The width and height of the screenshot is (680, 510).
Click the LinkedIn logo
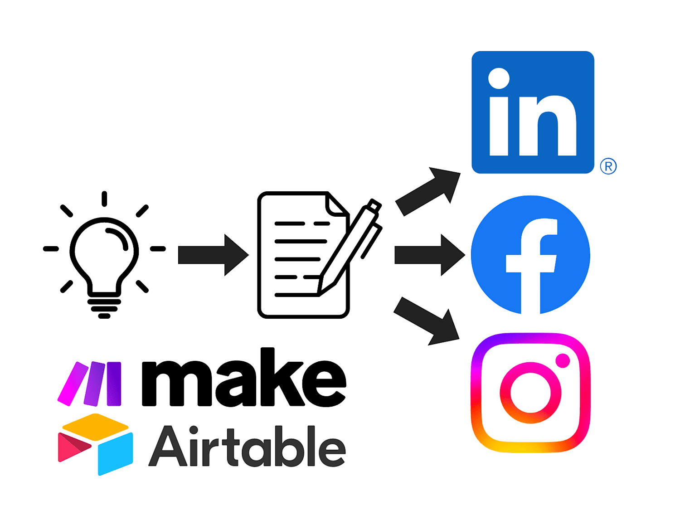[x=533, y=112]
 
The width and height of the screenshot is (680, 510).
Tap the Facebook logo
[x=530, y=255]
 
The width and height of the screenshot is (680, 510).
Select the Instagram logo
[x=530, y=393]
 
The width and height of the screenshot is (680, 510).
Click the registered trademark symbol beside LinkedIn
[x=608, y=166]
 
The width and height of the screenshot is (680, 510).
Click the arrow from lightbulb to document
[x=214, y=255]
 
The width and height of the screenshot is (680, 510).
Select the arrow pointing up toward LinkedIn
[x=428, y=192]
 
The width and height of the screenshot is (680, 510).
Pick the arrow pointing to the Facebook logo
[x=430, y=255]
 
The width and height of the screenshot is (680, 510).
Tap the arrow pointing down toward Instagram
[x=427, y=321]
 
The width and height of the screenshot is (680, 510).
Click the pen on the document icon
[x=350, y=247]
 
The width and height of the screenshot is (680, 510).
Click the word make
[x=244, y=377]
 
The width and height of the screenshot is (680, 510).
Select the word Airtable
[x=247, y=447]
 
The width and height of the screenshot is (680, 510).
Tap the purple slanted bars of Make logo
[x=89, y=384]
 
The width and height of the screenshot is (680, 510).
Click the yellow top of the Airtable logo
[x=95, y=427]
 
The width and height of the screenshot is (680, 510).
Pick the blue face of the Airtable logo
[x=116, y=454]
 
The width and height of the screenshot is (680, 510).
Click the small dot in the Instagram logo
[x=563, y=361]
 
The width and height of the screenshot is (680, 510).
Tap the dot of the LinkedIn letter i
[x=499, y=78]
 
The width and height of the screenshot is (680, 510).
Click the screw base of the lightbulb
[x=104, y=308]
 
